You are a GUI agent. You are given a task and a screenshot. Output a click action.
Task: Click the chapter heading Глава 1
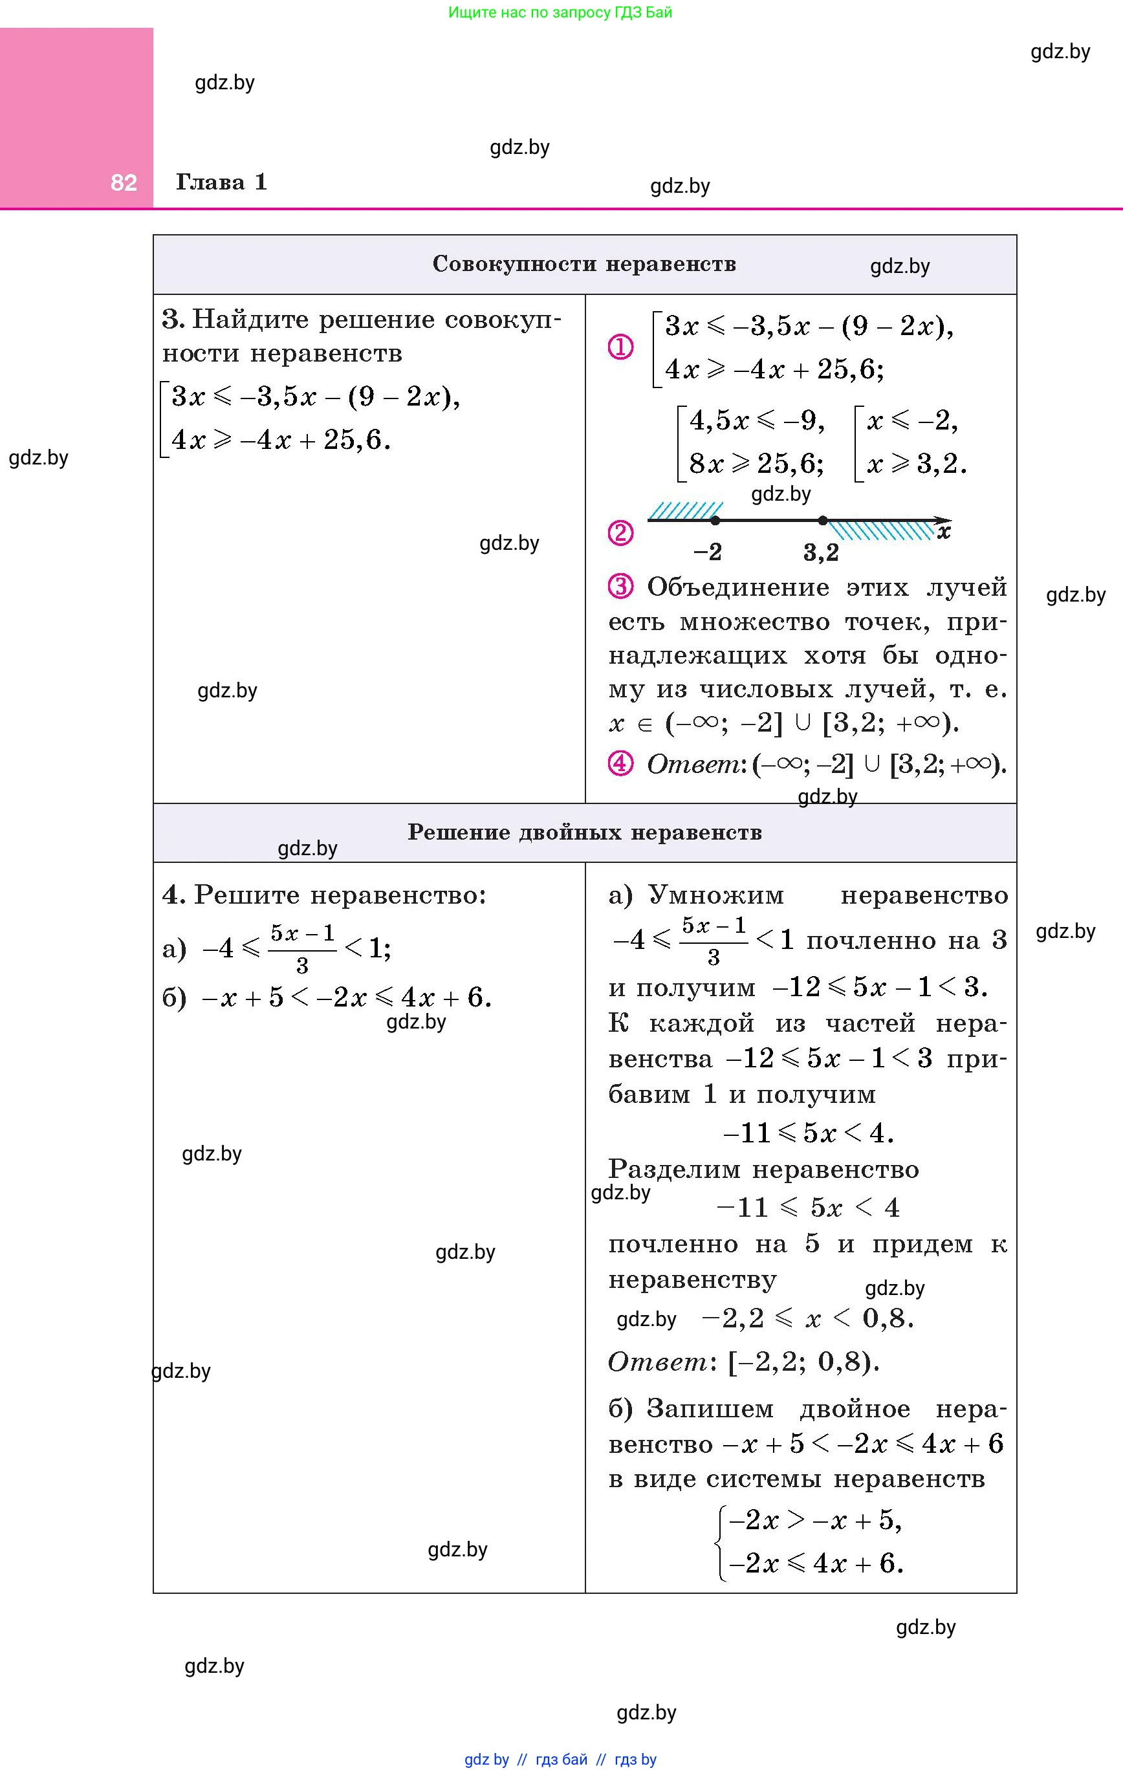(221, 182)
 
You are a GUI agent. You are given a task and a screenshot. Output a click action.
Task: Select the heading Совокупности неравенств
(584, 264)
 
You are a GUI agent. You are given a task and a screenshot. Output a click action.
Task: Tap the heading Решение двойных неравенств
(584, 833)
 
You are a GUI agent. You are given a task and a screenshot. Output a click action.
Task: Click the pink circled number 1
(620, 347)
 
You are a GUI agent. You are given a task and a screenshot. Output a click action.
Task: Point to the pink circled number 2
(620, 532)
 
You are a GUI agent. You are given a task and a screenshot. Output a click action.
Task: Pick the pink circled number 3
(620, 587)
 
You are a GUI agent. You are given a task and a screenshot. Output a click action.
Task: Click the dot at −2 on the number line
(715, 521)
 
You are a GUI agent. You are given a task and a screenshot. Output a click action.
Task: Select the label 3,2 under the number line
(821, 552)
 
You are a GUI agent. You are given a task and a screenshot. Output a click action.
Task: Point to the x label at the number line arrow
(944, 532)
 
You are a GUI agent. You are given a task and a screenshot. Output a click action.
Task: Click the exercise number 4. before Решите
(174, 895)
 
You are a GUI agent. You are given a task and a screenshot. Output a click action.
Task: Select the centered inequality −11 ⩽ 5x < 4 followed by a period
(808, 1133)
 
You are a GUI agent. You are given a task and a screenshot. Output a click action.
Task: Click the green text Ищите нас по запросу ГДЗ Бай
(560, 12)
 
